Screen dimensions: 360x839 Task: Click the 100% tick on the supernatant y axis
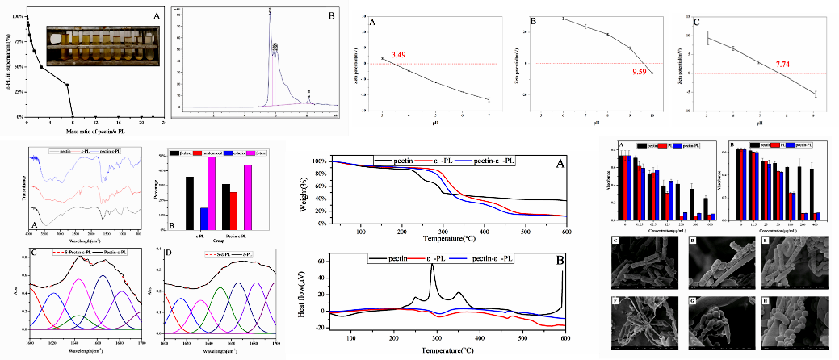pyautogui.click(x=18, y=16)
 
